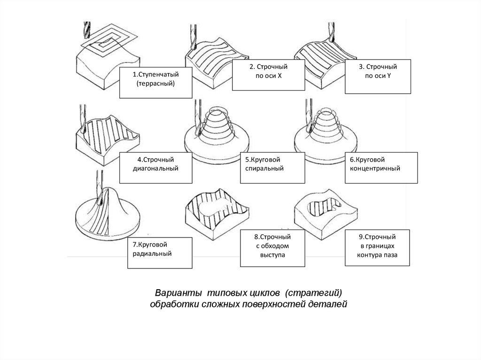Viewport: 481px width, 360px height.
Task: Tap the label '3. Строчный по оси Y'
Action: (378, 76)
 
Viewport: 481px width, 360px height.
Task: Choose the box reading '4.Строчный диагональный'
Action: (156, 168)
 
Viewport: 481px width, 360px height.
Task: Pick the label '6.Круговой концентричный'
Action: (381, 168)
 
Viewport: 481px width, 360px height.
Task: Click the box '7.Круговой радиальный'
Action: (160, 253)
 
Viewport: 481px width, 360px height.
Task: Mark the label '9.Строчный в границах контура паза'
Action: (378, 248)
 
